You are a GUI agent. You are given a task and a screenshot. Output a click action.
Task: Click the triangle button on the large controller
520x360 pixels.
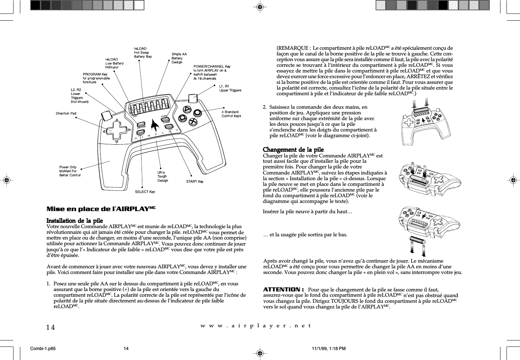coord(187,109)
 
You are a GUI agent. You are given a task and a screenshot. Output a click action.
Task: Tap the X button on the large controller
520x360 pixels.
coord(193,121)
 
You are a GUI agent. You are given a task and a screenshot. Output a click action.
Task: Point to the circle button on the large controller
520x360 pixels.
coord(198,112)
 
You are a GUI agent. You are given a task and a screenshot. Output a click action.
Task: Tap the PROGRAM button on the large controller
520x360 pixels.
coord(142,125)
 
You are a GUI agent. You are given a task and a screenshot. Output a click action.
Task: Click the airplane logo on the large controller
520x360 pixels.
coord(154,124)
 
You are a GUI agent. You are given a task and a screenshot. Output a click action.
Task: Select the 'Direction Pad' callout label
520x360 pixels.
coord(66,113)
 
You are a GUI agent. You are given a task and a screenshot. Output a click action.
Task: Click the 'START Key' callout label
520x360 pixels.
coord(195,182)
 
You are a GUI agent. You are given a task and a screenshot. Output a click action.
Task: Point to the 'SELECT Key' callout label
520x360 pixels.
coord(145,192)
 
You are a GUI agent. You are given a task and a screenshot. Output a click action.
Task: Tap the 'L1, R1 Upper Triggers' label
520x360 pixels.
coord(230,88)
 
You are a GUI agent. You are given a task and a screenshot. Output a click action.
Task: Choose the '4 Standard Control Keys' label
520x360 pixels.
coord(231,114)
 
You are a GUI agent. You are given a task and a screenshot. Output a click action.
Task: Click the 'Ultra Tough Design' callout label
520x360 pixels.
coord(163,176)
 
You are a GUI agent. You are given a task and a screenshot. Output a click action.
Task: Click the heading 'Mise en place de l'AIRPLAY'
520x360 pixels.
coord(101,209)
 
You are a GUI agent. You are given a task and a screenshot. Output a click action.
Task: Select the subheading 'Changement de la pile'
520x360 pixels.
coord(293,150)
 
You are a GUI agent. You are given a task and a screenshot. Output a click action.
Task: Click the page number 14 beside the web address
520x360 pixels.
coord(51,327)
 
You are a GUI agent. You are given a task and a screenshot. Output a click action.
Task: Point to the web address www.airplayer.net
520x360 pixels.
coord(256,326)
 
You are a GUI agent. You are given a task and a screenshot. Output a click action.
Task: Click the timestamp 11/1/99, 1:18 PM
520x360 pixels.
coord(328,349)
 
